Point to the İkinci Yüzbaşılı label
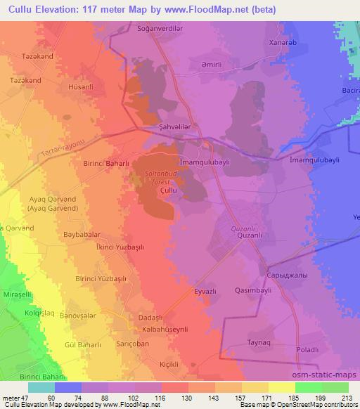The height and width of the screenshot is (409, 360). coord(100,248)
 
